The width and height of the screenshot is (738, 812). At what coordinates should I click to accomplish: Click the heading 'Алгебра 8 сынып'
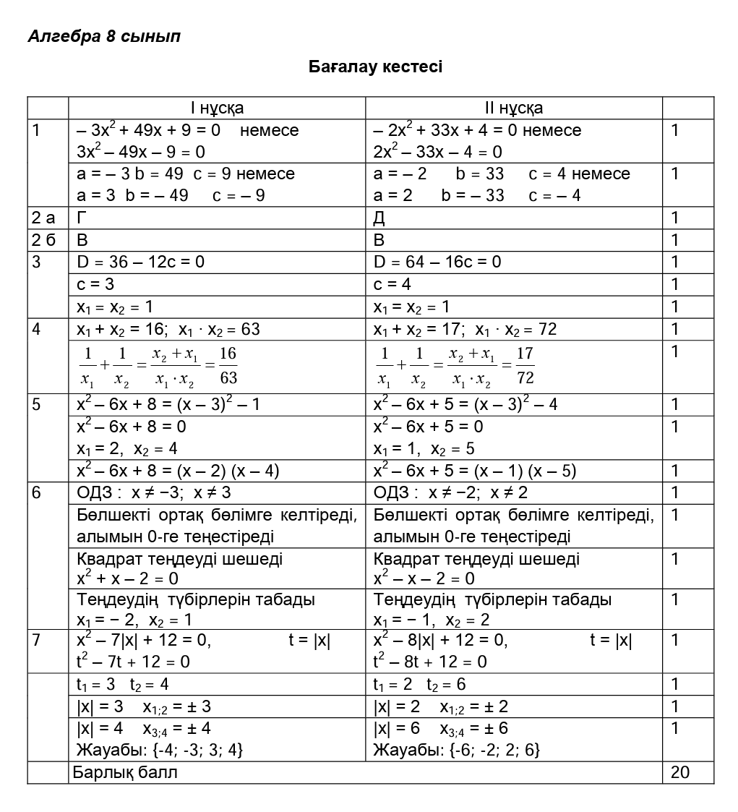pyautogui.click(x=103, y=36)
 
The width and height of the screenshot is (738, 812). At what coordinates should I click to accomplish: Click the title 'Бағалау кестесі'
pyautogui.click(x=375, y=67)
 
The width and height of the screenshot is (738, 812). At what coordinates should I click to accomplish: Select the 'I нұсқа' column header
pyautogui.click(x=217, y=108)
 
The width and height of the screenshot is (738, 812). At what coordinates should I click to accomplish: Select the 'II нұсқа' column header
pyautogui.click(x=514, y=108)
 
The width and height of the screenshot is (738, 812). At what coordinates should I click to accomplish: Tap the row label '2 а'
pyautogui.click(x=43, y=218)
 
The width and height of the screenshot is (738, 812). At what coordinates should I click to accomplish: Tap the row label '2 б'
pyautogui.click(x=43, y=240)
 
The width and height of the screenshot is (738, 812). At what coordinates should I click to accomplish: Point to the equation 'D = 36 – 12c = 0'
pyautogui.click(x=140, y=262)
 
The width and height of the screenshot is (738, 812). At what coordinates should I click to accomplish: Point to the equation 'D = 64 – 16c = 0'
pyautogui.click(x=437, y=262)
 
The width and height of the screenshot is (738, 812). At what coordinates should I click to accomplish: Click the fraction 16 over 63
pyautogui.click(x=228, y=366)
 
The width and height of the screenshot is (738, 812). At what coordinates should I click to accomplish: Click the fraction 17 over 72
pyautogui.click(x=525, y=366)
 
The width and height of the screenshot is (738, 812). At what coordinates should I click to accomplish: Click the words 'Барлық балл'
pyautogui.click(x=125, y=772)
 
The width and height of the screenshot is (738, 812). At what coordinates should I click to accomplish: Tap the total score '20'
pyautogui.click(x=680, y=772)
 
